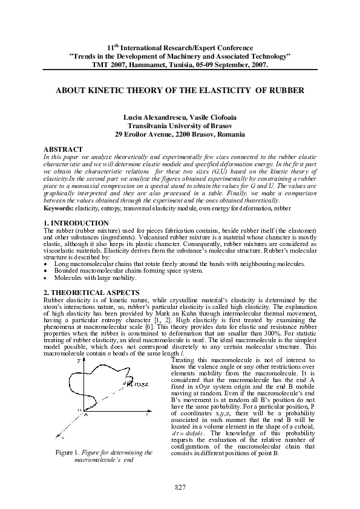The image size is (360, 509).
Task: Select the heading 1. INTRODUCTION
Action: coord(77,223)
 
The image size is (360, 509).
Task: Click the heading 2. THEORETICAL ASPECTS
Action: coord(88,292)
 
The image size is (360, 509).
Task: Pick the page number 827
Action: coord(180,487)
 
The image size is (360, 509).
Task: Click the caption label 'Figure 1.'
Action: coord(69,452)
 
